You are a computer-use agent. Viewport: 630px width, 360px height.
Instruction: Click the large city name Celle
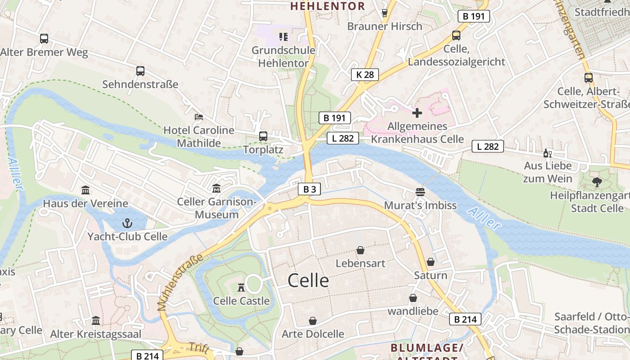(308, 281)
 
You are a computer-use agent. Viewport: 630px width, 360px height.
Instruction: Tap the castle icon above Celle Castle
(241, 287)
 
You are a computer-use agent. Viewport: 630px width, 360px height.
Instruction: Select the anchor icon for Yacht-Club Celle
(127, 223)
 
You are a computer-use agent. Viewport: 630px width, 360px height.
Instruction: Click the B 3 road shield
(310, 189)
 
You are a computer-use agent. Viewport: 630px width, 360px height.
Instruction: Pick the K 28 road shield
(364, 75)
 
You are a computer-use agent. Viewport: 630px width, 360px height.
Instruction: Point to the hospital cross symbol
(417, 112)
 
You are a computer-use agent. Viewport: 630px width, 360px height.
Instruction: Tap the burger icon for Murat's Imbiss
(420, 193)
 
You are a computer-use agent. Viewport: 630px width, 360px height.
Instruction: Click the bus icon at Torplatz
(263, 136)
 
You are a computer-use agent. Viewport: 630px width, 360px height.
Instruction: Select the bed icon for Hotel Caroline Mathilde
(199, 117)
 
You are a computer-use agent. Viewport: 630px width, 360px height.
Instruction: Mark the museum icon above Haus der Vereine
(85, 190)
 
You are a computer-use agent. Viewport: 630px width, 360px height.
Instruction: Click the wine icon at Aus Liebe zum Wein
(548, 153)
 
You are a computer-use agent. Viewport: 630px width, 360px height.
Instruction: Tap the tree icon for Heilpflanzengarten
(597, 182)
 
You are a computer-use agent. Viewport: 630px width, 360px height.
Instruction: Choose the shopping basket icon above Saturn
(431, 262)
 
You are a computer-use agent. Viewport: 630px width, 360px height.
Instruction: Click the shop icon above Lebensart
(360, 250)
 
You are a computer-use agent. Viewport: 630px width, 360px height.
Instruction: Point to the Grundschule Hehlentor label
(283, 56)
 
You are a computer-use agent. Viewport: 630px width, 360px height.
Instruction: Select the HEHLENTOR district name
(327, 6)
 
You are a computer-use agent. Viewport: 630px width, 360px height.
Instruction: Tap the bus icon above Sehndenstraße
(140, 71)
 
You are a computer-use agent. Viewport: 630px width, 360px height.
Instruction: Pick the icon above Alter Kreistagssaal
(96, 321)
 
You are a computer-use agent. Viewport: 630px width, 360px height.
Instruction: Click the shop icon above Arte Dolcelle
(313, 321)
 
